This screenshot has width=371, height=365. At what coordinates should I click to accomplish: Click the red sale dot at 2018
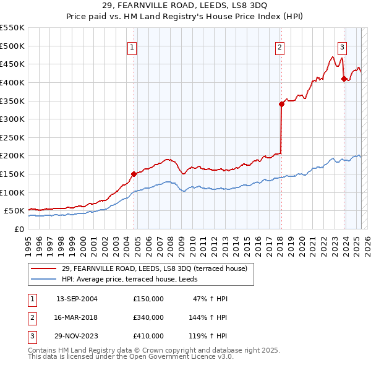click(x=281, y=105)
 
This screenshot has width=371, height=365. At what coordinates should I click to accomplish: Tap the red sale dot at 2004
click(x=134, y=174)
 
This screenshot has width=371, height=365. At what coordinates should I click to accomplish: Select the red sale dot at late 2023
click(x=344, y=79)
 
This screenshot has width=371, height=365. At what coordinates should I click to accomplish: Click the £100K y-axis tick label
click(x=12, y=192)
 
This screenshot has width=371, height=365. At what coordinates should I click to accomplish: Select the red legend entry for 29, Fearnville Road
click(x=155, y=268)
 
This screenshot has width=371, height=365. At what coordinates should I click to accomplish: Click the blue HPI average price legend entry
click(x=136, y=279)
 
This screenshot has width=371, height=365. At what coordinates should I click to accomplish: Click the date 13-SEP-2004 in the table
click(x=77, y=299)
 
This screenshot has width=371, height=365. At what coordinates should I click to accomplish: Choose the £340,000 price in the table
click(x=148, y=317)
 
